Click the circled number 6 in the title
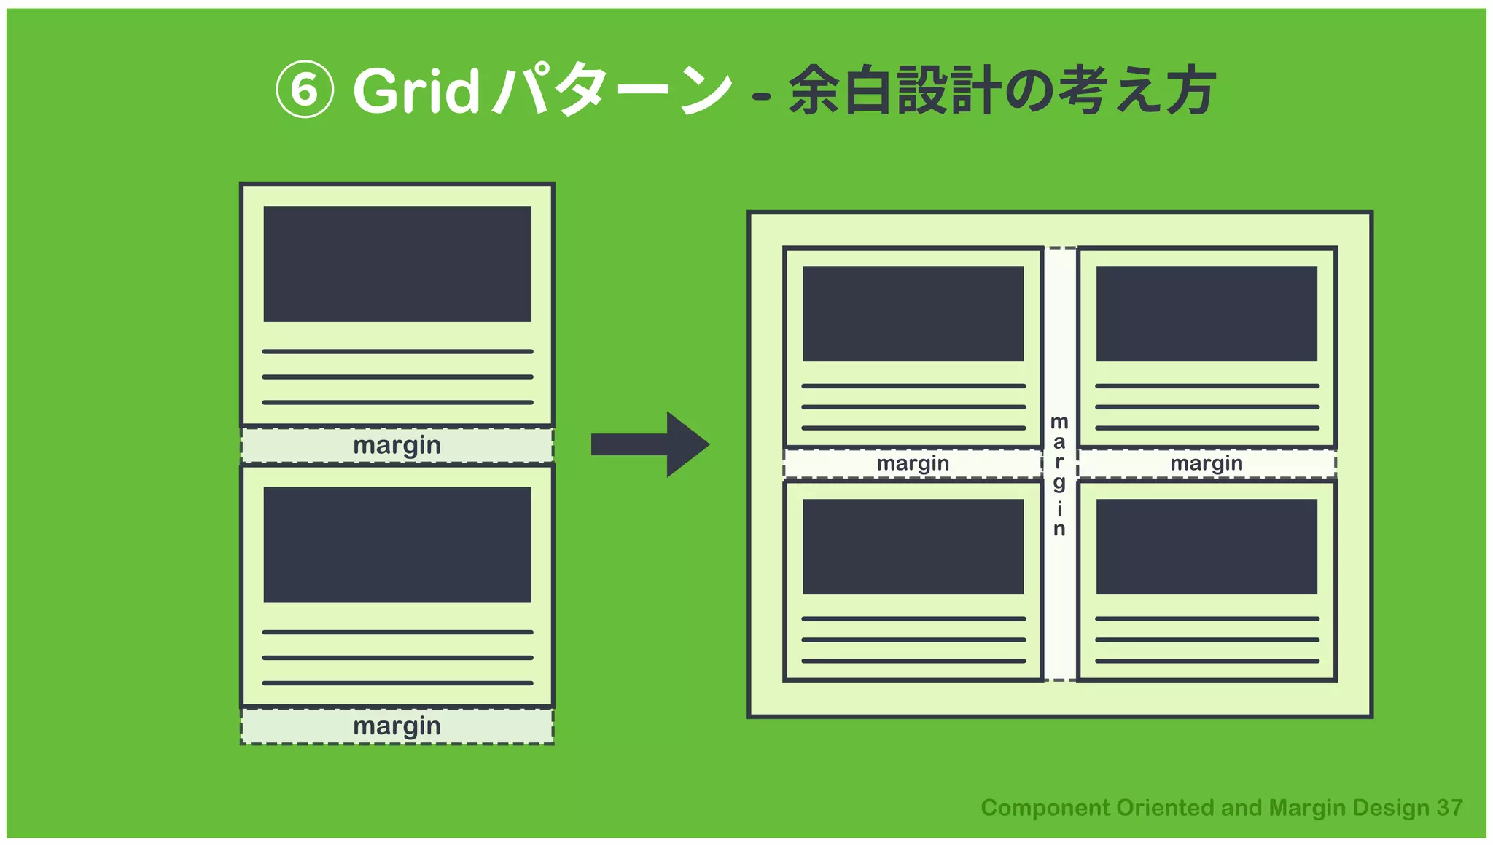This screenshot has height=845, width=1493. pos(305,90)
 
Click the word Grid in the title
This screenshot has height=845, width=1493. pos(416,91)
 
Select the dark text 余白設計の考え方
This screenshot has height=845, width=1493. pos(1002,90)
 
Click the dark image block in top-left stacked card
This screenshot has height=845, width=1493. pos(397,264)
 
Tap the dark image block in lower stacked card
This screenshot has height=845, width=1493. pos(397,545)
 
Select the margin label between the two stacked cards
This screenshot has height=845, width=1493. pos(397,445)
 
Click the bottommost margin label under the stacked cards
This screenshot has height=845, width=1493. pos(397,726)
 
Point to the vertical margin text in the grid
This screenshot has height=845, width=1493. pos(1059,475)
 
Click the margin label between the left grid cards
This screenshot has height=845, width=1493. pos(913,463)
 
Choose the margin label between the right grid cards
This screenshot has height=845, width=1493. pos(1207,463)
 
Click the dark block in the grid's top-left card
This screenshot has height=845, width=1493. pos(913,313)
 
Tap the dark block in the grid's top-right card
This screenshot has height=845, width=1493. pos(1207,313)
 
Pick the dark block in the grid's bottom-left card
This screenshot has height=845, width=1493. pos(913,546)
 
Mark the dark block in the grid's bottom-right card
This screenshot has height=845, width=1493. pos(1207,546)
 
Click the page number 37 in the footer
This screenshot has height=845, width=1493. pos(1449,808)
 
